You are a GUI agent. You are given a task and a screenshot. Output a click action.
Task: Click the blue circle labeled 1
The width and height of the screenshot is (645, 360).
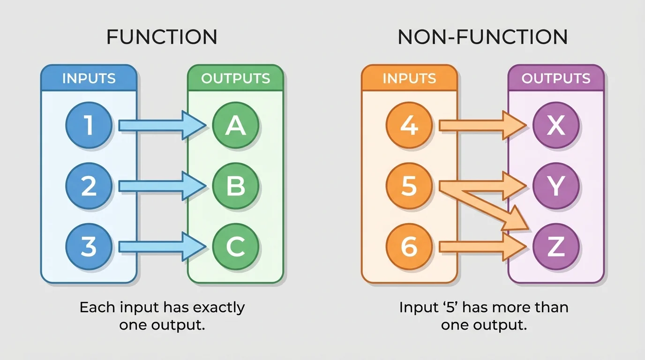click(x=89, y=126)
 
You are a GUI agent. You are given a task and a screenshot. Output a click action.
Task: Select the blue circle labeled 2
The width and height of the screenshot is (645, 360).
click(x=89, y=187)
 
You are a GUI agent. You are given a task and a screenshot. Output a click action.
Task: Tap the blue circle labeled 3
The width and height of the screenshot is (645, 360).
click(x=89, y=247)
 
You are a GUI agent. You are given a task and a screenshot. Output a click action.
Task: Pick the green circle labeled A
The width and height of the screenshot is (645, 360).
click(x=235, y=126)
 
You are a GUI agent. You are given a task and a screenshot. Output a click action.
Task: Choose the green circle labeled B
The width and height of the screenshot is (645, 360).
click(x=235, y=187)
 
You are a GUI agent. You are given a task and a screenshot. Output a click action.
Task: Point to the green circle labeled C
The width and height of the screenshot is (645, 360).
click(x=235, y=247)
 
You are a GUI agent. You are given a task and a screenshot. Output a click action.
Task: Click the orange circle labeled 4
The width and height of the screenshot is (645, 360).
click(x=409, y=126)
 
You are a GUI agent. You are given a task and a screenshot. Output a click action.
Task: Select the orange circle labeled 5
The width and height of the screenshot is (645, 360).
click(x=409, y=187)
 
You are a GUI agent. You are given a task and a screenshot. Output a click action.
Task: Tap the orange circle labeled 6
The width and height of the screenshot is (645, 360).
click(x=409, y=247)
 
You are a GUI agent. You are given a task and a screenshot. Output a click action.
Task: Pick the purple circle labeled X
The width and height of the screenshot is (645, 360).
click(x=556, y=126)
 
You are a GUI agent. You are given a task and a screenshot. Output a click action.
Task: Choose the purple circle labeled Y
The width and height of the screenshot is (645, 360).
click(x=556, y=187)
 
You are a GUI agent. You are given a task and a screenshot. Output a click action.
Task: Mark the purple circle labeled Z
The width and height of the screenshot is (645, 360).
click(x=556, y=247)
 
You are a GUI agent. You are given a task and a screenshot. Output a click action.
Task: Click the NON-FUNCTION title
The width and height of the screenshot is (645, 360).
click(x=482, y=37)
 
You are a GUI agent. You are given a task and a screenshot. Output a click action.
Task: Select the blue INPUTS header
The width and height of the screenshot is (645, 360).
click(x=89, y=78)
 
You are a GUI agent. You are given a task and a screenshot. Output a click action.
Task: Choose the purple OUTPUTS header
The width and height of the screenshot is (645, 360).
click(x=556, y=78)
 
